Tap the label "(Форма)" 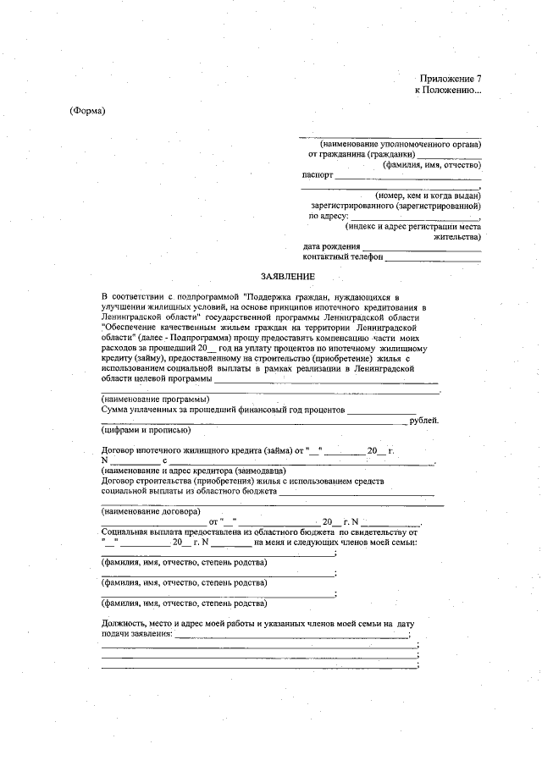(x=86, y=112)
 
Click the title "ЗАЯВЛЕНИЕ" (x=287, y=277)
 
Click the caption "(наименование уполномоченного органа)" (x=394, y=144)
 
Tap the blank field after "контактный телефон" (x=433, y=256)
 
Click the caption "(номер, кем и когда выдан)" (x=428, y=196)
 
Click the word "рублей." (x=423, y=420)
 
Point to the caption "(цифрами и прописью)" (x=140, y=430)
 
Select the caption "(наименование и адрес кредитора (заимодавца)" (x=193, y=471)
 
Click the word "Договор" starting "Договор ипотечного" (x=119, y=450)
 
